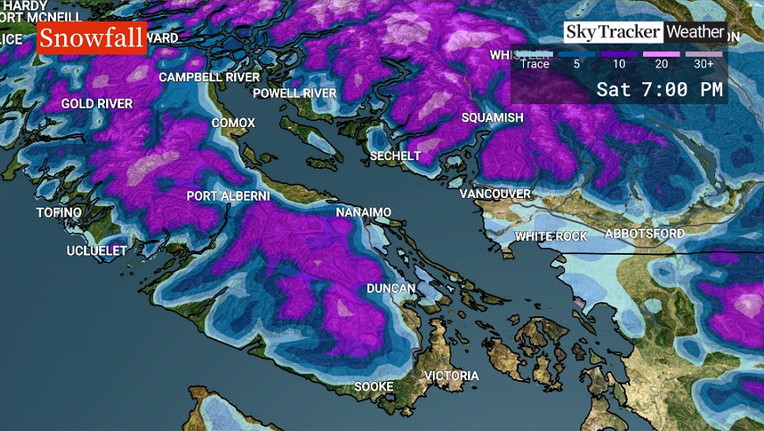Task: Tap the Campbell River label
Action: pyautogui.click(x=209, y=77)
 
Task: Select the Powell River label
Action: pyautogui.click(x=294, y=93)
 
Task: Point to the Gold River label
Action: pyautogui.click(x=96, y=103)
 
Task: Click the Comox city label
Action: pyautogui.click(x=233, y=123)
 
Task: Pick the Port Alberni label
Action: pyautogui.click(x=228, y=196)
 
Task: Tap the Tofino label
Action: pyautogui.click(x=59, y=213)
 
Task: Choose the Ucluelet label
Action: pyautogui.click(x=96, y=251)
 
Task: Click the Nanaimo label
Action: pyautogui.click(x=364, y=212)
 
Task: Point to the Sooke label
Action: pyautogui.click(x=373, y=386)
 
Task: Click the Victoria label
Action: pyautogui.click(x=451, y=376)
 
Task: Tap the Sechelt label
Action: pyautogui.click(x=395, y=156)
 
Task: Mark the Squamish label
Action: pyautogui.click(x=492, y=117)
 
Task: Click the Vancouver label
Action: pyautogui.click(x=495, y=193)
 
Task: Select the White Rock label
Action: pyautogui.click(x=550, y=237)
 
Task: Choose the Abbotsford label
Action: pyautogui.click(x=644, y=234)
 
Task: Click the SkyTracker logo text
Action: pyautogui.click(x=612, y=32)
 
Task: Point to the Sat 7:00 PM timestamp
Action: pyautogui.click(x=660, y=89)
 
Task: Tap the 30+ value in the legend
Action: pyautogui.click(x=704, y=63)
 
